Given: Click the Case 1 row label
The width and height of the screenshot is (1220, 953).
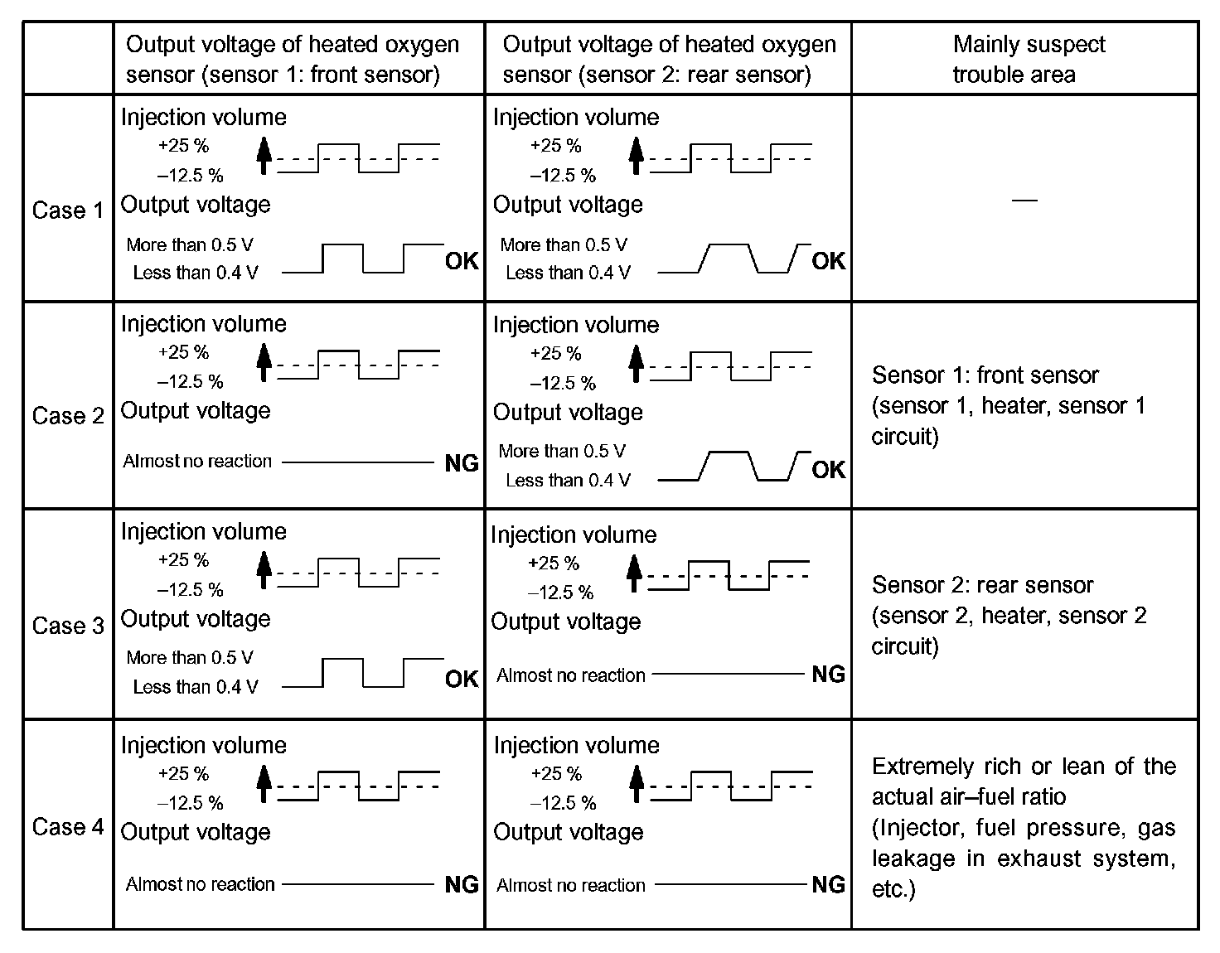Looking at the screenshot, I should tap(68, 210).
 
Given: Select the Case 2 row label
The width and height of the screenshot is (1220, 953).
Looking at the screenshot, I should tap(68, 416).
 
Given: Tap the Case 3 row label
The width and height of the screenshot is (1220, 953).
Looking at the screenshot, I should tap(68, 626).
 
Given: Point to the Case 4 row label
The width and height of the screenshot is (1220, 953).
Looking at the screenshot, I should tap(68, 826).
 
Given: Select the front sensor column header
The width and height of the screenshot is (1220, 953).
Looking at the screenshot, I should tap(292, 59).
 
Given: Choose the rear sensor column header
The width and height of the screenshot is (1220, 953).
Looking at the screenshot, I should tap(669, 59).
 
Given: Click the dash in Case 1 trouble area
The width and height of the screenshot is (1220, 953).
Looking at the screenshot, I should tap(1025, 200).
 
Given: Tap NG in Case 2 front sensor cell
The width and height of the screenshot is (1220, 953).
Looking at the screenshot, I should tap(462, 463).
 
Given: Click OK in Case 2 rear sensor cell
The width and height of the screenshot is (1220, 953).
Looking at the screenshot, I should tap(828, 470).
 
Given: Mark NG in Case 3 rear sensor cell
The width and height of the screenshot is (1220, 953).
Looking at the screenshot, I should tap(828, 675).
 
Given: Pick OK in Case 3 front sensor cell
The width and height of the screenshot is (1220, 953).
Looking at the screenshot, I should tap(462, 680).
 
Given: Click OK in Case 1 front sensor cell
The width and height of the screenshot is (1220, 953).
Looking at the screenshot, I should tap(462, 261).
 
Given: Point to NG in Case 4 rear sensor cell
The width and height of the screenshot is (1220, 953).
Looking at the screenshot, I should tap(828, 884).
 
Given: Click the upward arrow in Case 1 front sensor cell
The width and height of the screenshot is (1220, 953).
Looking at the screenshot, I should tap(264, 155).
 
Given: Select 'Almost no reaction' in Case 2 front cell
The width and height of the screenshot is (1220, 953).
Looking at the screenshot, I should tap(197, 462).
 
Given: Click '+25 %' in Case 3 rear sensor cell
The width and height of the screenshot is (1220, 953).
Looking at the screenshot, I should tap(553, 564).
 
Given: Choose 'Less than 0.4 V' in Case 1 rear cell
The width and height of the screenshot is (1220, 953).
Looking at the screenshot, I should tap(568, 273).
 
